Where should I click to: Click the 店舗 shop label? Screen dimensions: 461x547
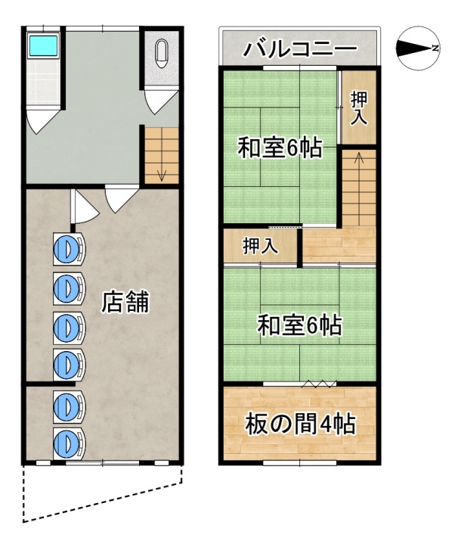click(125, 302)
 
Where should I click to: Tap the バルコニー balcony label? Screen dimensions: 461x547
click(300, 48)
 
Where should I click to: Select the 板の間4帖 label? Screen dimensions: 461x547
click(300, 424)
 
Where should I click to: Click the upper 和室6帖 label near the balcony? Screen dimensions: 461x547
click(280, 148)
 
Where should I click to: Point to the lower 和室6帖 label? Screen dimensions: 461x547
click(299, 325)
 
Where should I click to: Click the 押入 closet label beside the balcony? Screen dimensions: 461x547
click(359, 107)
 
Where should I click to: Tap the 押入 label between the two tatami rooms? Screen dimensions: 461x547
click(260, 245)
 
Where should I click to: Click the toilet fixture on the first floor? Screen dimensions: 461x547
click(161, 54)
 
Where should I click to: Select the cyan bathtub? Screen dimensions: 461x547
click(43, 45)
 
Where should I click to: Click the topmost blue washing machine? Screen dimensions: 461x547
click(69, 247)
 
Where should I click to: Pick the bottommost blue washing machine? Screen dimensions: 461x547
click(69, 443)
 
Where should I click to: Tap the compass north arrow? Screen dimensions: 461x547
click(415, 48)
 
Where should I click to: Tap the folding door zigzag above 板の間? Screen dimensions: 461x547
click(319, 384)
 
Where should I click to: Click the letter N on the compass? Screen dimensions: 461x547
click(435, 48)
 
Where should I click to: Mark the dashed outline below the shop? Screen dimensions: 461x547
click(101, 502)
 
